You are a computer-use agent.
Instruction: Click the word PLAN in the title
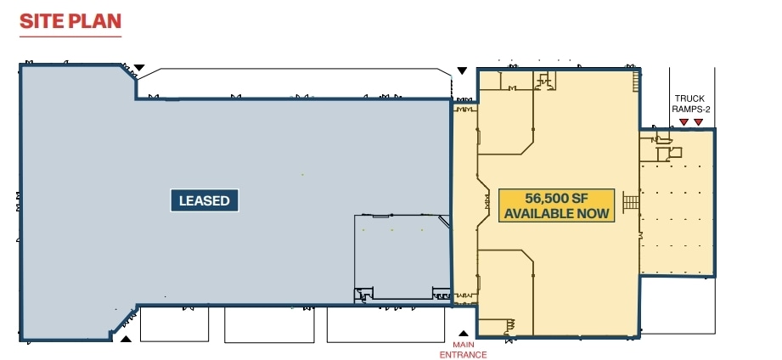(97, 21)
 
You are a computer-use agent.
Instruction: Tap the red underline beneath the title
(70, 37)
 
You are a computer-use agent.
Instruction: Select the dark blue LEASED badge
(204, 201)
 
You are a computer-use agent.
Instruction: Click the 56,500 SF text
(557, 197)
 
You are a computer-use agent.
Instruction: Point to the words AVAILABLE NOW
(557, 213)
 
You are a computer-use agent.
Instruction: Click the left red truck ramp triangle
(683, 122)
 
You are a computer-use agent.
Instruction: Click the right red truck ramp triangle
(699, 122)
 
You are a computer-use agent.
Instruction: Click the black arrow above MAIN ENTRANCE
(463, 334)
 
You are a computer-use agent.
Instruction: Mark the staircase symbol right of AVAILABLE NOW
(630, 203)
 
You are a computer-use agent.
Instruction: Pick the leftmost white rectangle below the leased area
(173, 323)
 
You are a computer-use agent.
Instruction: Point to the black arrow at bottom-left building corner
(126, 340)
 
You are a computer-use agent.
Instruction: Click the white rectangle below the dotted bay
(676, 306)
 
